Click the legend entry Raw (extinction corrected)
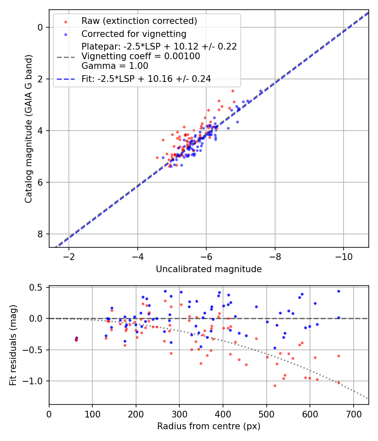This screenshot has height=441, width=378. (139, 21)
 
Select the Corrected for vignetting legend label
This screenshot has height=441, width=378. (134, 34)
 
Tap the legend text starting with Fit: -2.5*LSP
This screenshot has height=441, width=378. (146, 78)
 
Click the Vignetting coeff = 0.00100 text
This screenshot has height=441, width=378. (141, 56)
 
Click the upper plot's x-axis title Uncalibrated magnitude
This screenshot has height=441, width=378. (209, 269)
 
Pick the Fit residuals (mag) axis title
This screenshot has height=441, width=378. (13, 345)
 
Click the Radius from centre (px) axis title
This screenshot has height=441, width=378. (209, 426)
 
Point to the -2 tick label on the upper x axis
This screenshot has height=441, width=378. (69, 257)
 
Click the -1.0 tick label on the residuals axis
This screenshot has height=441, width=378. (35, 381)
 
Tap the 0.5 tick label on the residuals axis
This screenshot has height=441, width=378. (37, 288)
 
